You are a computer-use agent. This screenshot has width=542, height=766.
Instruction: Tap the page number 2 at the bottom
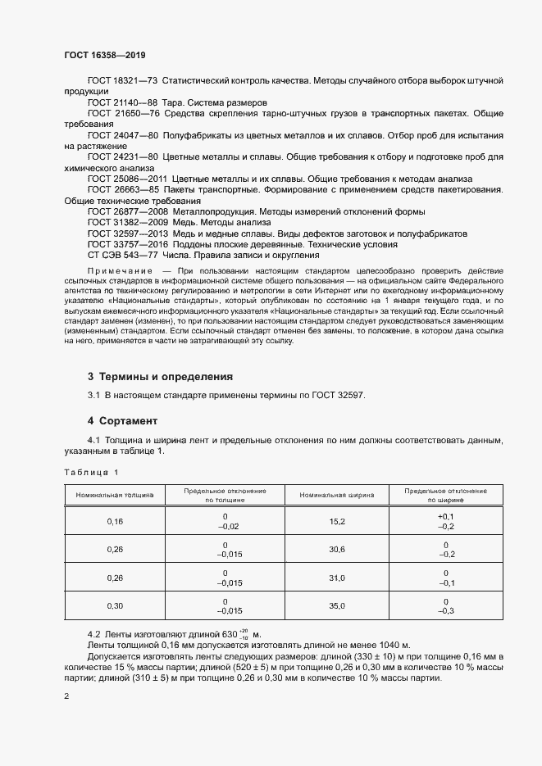pos(66,696)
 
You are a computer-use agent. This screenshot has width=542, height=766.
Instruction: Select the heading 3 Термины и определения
pos(160,377)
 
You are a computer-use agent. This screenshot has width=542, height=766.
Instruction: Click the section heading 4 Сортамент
pos(122,420)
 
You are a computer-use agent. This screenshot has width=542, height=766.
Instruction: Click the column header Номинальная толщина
pos(114,496)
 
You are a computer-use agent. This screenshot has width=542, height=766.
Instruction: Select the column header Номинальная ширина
pos(337,496)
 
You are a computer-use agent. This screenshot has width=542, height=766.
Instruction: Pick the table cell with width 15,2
pos(337,521)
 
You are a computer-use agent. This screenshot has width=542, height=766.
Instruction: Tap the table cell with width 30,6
pos(337,549)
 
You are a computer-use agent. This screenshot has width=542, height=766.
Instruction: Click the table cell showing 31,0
pos(337,578)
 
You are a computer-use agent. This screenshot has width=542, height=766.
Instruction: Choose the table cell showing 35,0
pos(337,605)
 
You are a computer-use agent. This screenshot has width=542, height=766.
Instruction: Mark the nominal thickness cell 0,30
pos(114,605)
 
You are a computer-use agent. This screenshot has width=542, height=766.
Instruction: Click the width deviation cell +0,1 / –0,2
pos(446,521)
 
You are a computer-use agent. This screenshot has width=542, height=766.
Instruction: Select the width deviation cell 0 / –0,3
pos(446,605)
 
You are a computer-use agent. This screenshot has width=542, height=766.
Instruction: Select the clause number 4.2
pos(93,635)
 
